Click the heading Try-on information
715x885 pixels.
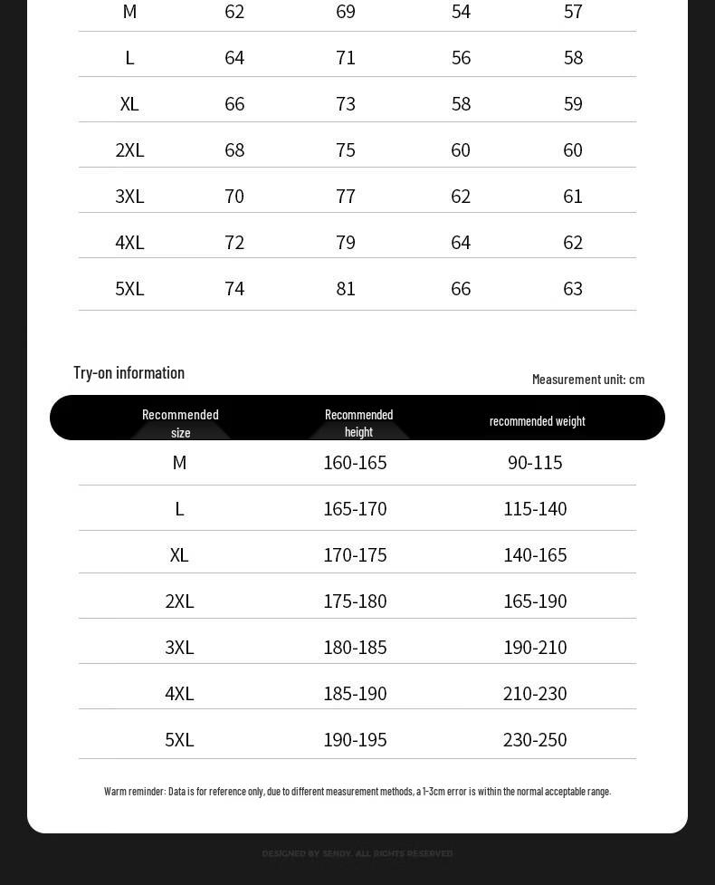click(129, 372)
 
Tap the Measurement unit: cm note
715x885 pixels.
click(588, 379)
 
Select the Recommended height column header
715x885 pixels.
click(358, 422)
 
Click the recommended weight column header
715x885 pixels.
click(537, 420)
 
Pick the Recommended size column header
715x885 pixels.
click(180, 422)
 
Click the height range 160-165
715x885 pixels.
click(355, 462)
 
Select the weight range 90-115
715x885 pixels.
click(535, 462)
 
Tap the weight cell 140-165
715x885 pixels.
click(535, 554)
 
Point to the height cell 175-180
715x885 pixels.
click(355, 601)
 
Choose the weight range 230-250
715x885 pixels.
click(535, 739)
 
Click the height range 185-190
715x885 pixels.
click(355, 693)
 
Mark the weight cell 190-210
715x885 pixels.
click(535, 647)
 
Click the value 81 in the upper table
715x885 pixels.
click(346, 288)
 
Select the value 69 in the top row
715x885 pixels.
click(346, 12)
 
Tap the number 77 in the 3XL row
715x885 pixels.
click(346, 196)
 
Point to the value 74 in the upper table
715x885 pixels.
click(234, 288)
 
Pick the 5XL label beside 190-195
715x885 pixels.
click(179, 739)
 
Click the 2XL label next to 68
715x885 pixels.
click(129, 149)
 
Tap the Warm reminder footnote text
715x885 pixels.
click(357, 791)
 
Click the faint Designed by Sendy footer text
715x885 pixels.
click(357, 853)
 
